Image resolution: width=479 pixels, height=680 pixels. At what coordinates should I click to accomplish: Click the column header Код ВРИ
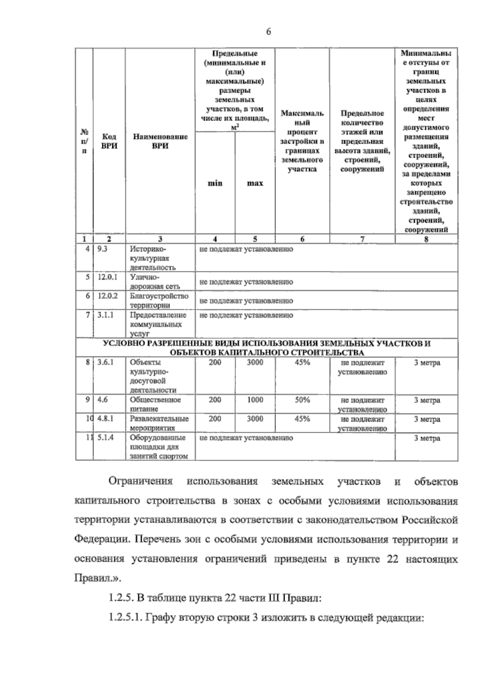point(109,141)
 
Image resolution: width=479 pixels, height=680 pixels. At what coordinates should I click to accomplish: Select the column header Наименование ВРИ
point(160,141)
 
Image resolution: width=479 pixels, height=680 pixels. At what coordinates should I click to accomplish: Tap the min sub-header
point(215,183)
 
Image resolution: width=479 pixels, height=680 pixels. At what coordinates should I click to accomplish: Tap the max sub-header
point(255,183)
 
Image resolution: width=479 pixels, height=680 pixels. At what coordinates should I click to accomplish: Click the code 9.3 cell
point(103,249)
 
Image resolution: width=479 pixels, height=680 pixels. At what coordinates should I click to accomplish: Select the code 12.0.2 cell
point(107,296)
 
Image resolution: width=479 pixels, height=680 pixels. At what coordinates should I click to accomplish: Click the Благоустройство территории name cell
point(159,300)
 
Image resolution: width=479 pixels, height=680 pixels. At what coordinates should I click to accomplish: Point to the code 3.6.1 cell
point(106,362)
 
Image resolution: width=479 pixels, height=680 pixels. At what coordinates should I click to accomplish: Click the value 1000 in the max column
point(255,399)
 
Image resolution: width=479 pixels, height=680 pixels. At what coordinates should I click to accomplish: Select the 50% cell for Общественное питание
point(302,399)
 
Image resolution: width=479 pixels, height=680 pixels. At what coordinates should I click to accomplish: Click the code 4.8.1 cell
point(106,419)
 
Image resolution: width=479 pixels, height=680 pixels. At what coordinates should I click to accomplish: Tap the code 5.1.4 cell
point(106,437)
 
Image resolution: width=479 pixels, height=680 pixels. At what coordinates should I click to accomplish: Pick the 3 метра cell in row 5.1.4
point(427,438)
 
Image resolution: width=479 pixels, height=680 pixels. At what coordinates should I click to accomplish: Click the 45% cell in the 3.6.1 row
point(302,362)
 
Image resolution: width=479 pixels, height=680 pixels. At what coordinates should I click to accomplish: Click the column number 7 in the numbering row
point(362,239)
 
